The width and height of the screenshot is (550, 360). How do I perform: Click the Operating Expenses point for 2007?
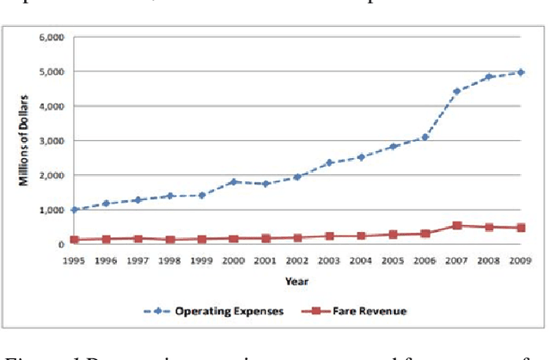coord(457,91)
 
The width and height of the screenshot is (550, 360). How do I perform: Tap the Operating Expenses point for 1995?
coord(75,209)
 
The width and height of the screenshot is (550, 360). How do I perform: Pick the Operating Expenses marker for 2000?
coord(234,181)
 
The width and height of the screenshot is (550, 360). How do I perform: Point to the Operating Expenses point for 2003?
coord(329,162)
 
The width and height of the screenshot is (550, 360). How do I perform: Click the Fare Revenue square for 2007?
coord(457,225)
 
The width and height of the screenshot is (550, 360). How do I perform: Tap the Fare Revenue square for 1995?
coord(75,240)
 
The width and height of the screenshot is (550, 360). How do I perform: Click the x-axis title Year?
coord(296,279)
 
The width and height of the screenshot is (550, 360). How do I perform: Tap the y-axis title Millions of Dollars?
coord(25,141)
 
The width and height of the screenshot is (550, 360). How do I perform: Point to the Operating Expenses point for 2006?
coord(425,137)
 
